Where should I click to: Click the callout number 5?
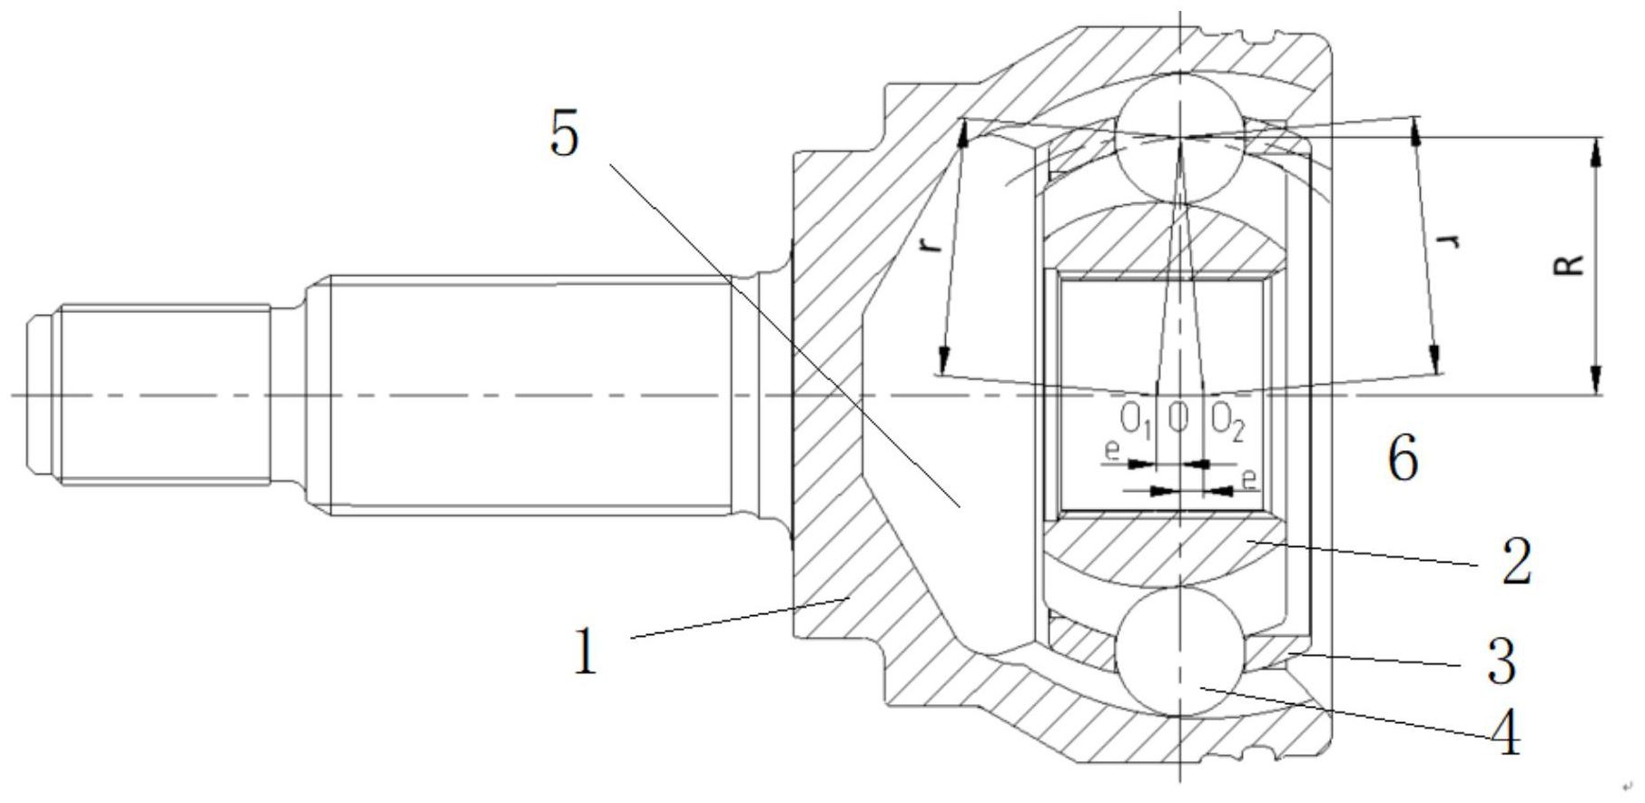point(564,137)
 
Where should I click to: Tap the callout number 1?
point(586,652)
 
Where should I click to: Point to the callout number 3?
point(1500,661)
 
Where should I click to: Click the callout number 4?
point(1505,733)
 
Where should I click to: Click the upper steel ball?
point(1178,137)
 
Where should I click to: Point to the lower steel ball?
point(1178,651)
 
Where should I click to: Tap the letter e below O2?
point(1250,477)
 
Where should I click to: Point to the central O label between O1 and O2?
point(1178,418)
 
